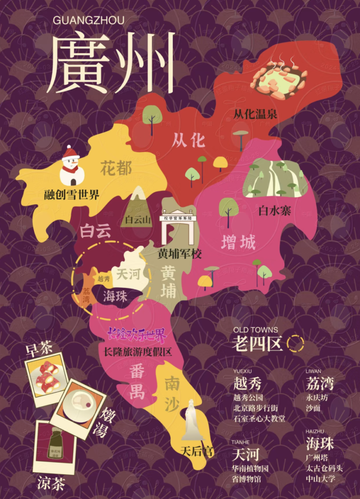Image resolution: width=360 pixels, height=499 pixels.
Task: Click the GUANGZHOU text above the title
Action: pyautogui.click(x=89, y=20)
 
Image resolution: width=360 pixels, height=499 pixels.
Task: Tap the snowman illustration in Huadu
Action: pyautogui.click(x=72, y=166)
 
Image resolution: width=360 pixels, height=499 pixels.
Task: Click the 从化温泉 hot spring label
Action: pyautogui.click(x=255, y=113)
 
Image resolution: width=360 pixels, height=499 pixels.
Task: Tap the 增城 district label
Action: pyautogui.click(x=239, y=243)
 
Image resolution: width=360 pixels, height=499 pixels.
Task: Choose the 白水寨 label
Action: pyautogui.click(x=275, y=210)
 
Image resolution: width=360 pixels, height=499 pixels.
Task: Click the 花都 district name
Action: pyautogui.click(x=116, y=167)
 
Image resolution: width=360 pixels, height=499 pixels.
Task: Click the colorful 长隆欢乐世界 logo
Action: pyautogui.click(x=137, y=335)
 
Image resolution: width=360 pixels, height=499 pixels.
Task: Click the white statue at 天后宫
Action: pyautogui.click(x=192, y=420)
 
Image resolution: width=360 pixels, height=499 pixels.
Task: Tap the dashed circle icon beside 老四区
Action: pyautogui.click(x=296, y=343)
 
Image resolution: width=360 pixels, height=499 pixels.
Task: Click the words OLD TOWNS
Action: pyautogui.click(x=255, y=330)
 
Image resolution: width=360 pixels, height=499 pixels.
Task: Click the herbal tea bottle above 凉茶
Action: pyautogui.click(x=55, y=443)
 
